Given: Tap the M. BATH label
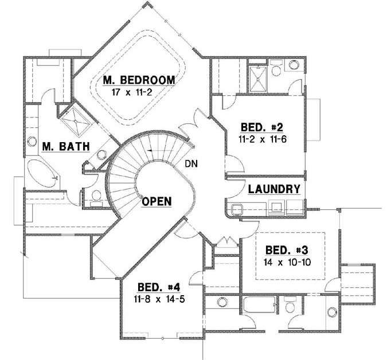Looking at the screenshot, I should click(x=66, y=147).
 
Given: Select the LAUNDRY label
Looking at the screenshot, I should click(x=274, y=189).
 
